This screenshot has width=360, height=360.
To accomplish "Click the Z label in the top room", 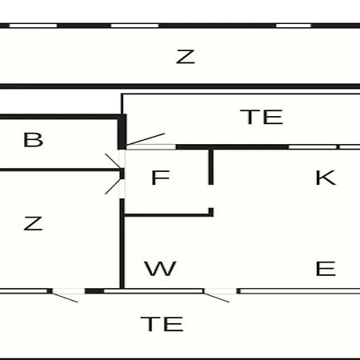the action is coord(186,57).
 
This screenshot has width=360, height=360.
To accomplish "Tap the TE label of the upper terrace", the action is coord(262,117).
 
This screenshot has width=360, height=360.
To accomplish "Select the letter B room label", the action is coord(33,140).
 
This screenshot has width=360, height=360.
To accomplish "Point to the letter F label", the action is coord(160,178).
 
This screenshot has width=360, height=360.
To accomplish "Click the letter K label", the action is coord(326,178).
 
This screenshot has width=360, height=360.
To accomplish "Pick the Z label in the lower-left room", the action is coord(33,223).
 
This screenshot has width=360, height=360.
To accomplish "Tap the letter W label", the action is coord(160,269).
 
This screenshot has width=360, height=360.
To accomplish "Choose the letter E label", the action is coord(326,269).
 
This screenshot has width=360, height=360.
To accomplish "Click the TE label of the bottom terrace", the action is coord(162,324).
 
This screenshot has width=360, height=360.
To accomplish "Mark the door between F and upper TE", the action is coord(146,139).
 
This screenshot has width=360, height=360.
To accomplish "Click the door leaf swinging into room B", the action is coord(114,161).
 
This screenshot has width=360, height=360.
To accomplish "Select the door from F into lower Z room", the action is coord(114,186).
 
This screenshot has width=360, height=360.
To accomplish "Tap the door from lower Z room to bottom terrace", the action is coord(65,298).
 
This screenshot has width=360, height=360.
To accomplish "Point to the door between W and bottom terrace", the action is coord(217,298).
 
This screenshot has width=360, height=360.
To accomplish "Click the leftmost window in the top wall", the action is coord(34,26).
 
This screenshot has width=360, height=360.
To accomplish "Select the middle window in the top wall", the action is coord(135,26).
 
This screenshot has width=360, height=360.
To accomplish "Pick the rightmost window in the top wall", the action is coord(294,26).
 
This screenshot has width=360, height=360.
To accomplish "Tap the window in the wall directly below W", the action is coord(154,291).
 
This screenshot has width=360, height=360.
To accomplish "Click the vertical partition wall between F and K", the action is coord(210,167).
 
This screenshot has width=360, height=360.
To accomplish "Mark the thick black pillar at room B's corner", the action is coord(122,132).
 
